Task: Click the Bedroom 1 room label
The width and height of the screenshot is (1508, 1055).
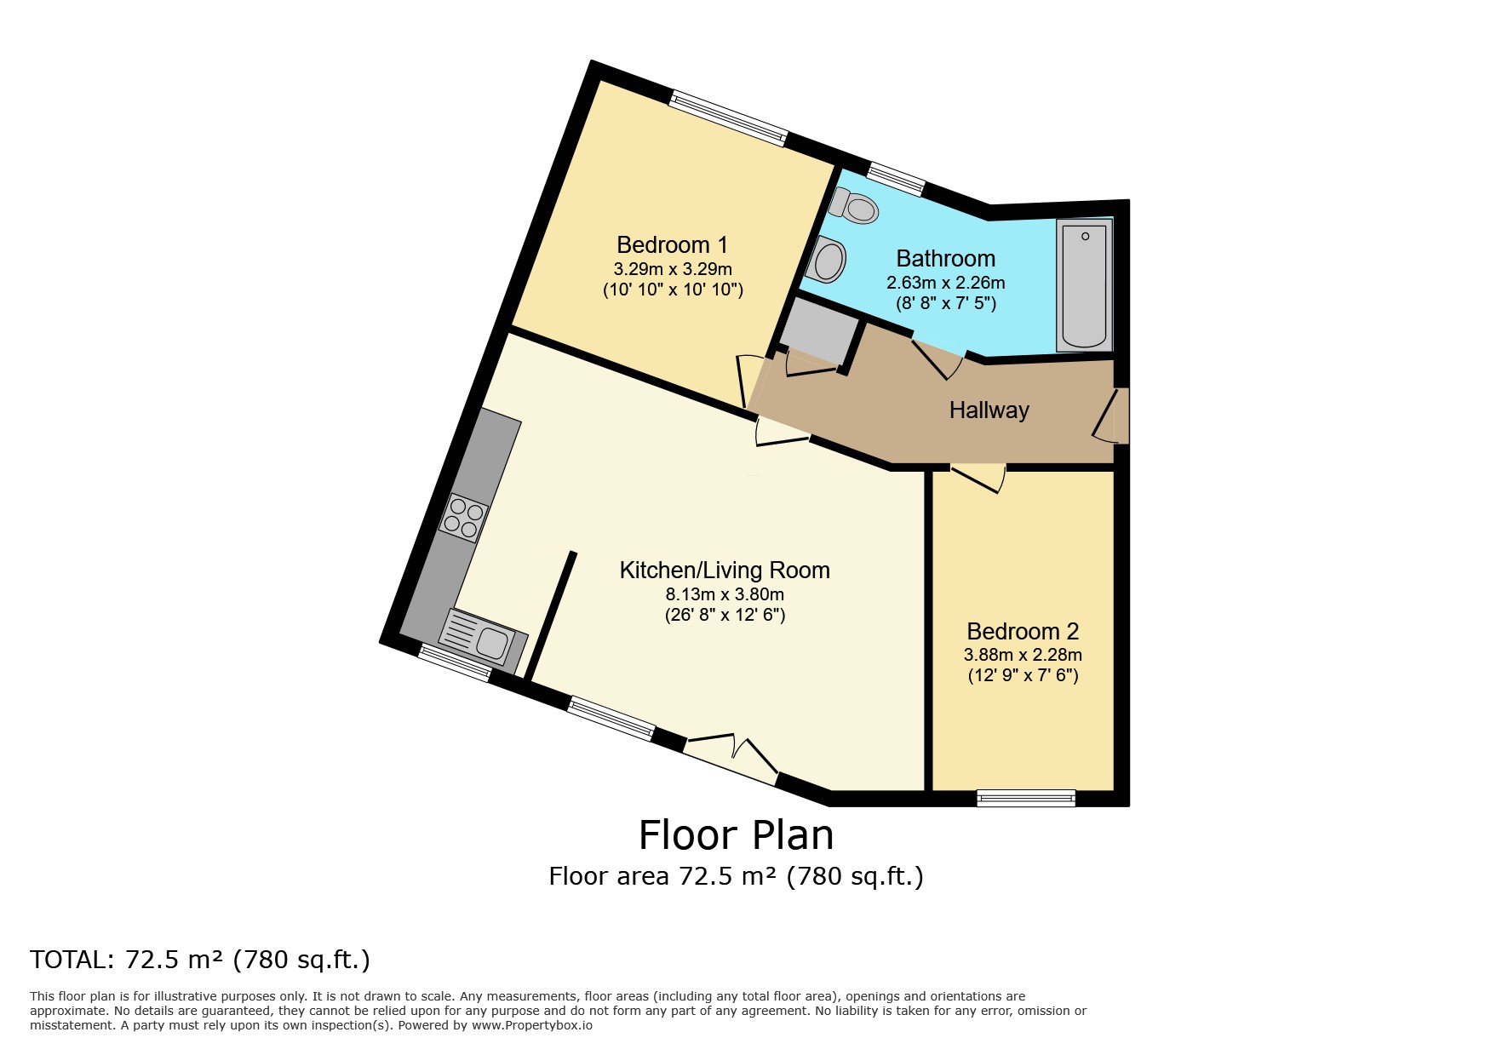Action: pos(672,245)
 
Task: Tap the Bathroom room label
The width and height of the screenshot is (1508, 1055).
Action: pos(945,258)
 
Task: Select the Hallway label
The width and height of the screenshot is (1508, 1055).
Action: pos(989,410)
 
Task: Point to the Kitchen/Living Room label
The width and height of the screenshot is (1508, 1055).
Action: pos(725,571)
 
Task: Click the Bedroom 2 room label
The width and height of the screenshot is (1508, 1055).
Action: pos(1023,632)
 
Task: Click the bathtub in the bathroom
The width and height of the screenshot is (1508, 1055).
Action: pos(1084,285)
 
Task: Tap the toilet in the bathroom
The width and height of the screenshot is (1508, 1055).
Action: pos(854,205)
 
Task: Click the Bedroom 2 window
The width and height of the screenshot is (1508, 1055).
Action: pos(1026,798)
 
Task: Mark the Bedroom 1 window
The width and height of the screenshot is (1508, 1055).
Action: pos(728,119)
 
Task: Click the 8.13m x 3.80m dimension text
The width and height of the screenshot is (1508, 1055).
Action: pos(725,594)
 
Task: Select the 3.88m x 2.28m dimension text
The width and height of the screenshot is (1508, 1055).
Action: pos(1023,655)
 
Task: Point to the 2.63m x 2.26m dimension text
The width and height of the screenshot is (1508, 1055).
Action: pos(945,282)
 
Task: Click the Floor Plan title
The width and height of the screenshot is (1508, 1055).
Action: pos(737,835)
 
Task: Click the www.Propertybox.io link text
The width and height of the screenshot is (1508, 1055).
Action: pos(532,1026)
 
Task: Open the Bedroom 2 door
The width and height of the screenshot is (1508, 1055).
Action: pos(978,479)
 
